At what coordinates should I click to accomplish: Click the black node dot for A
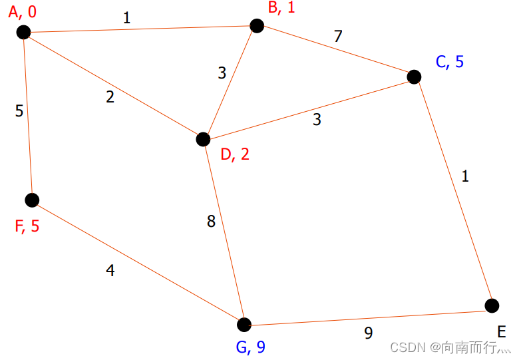click(24, 32)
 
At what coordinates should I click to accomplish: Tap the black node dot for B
click(257, 25)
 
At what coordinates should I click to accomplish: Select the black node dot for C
click(414, 77)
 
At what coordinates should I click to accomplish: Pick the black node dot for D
click(203, 139)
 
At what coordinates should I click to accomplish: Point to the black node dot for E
click(492, 305)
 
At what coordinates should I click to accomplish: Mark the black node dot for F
click(32, 200)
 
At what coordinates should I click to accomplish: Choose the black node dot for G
click(244, 325)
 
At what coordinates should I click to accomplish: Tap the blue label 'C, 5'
click(450, 62)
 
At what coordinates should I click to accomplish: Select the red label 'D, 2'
click(236, 154)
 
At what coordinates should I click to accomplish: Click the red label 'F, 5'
click(27, 226)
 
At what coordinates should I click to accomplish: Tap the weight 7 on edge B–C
click(338, 36)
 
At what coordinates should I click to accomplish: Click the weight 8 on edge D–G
click(211, 222)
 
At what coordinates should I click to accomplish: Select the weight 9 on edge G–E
click(368, 333)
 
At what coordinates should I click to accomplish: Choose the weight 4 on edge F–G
click(110, 271)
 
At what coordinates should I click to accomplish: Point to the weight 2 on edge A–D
click(110, 97)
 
